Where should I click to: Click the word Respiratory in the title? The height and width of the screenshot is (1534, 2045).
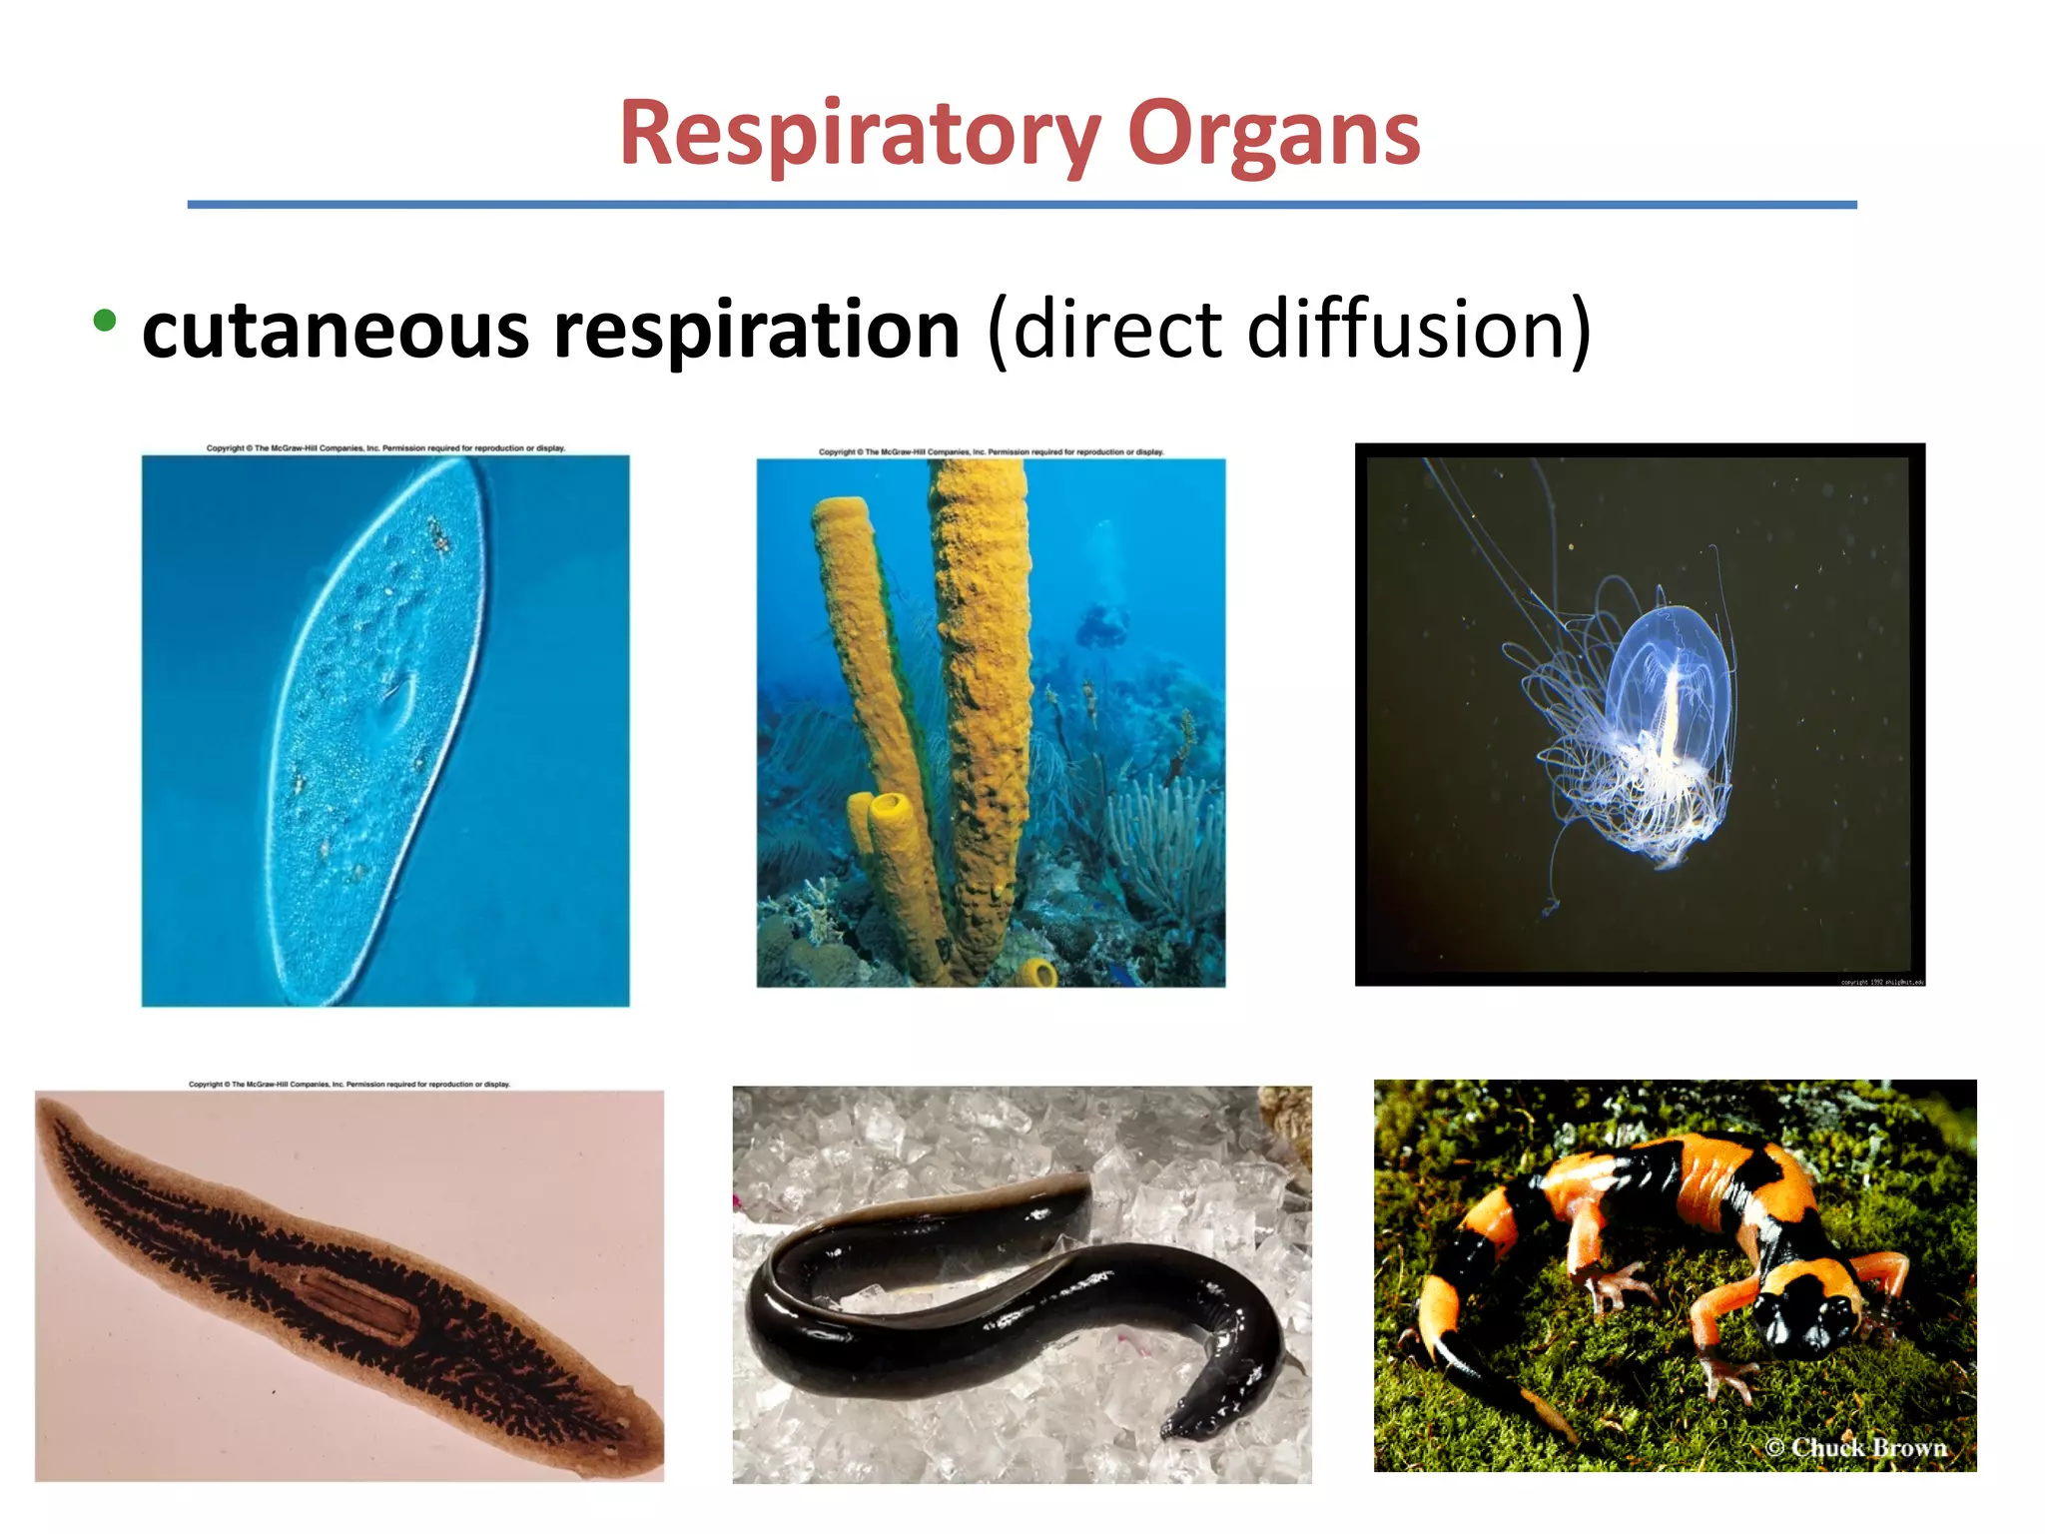pos(860,134)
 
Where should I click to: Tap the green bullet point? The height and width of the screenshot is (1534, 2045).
pos(104,321)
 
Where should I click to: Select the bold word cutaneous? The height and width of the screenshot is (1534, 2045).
pos(336,331)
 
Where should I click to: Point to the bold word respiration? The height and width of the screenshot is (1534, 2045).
pos(756,331)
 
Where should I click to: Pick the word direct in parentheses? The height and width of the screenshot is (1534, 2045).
pos(1117,329)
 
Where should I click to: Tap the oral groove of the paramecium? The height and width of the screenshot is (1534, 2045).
pos(395,705)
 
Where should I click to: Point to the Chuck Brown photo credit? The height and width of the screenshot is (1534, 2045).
pos(1856,1447)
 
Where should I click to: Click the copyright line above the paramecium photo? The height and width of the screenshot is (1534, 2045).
pos(385,448)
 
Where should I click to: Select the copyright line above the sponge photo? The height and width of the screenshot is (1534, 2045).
pos(991,451)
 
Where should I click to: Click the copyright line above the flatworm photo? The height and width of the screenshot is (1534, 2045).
pos(349,1084)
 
